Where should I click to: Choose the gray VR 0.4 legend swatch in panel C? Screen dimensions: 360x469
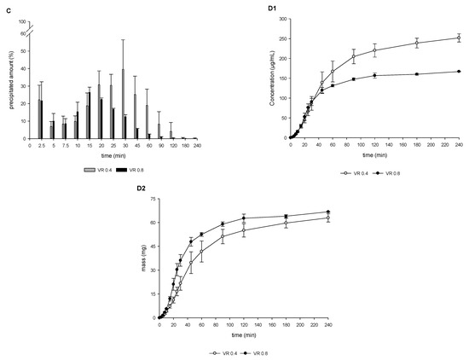[x=88, y=167]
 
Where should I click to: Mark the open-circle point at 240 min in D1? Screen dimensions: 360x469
[x=459, y=38]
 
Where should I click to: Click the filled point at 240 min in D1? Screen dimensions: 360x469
[x=459, y=72]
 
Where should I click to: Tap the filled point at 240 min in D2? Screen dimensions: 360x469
[x=328, y=212]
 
